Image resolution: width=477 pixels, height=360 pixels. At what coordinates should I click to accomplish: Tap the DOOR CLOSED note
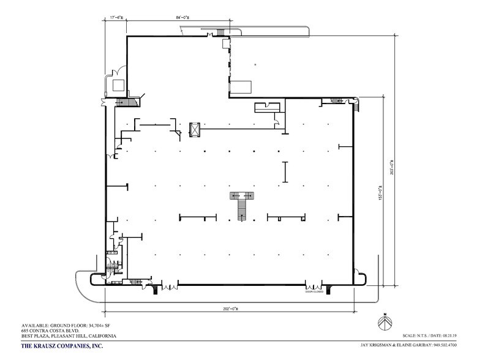(x=314, y=293)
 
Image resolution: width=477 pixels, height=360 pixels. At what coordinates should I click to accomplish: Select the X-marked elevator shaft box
(x=195, y=129)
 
